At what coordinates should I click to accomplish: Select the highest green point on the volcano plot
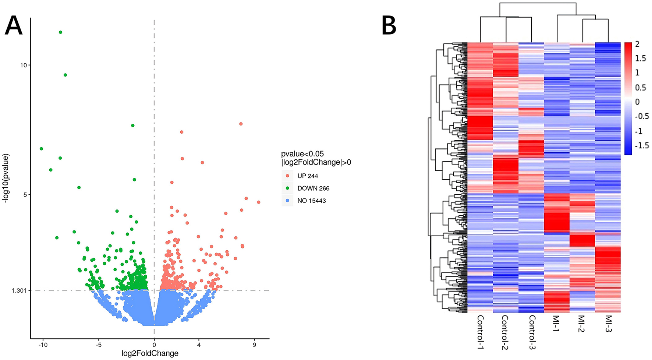[x=60, y=32]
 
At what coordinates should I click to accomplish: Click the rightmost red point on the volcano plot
[x=259, y=202]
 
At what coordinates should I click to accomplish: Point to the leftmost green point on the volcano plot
[x=41, y=149]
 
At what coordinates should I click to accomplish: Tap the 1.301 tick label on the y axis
[x=19, y=291]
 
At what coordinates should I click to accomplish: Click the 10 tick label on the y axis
[x=24, y=65]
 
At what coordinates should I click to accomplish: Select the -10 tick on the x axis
[x=43, y=345]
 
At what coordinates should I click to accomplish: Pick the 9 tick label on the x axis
[x=254, y=345]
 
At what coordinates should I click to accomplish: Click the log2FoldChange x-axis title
[x=150, y=353]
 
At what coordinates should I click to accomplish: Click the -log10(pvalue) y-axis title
[x=6, y=178]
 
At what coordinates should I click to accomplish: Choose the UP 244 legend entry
[x=307, y=176]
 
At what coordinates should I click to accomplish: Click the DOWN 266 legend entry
[x=313, y=188]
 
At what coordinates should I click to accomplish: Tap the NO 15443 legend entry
[x=311, y=201]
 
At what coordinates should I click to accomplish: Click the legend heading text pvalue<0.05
[x=302, y=154]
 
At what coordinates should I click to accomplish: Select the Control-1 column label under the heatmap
[x=480, y=332]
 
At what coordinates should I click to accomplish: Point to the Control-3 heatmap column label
[x=531, y=332]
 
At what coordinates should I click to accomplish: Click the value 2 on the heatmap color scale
[x=637, y=44]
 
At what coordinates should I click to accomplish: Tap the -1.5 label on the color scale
[x=642, y=145]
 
